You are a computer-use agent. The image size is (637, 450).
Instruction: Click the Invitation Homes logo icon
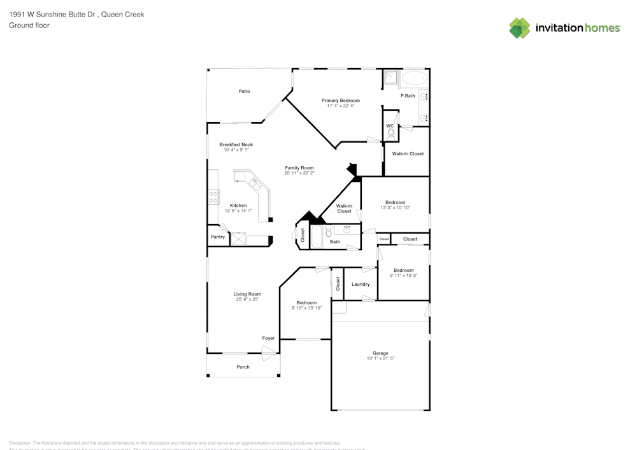click(x=520, y=28)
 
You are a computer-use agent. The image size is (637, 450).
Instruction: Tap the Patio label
click(x=244, y=91)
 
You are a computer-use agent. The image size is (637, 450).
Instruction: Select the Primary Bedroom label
click(x=340, y=101)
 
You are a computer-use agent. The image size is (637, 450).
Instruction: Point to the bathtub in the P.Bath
click(x=415, y=79)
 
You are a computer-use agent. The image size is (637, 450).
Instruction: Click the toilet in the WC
click(x=390, y=134)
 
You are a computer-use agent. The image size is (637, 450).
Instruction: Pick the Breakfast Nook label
click(x=236, y=144)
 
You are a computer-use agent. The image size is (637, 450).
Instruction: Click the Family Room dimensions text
click(x=299, y=173)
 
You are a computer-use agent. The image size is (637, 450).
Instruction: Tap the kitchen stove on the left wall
click(x=213, y=197)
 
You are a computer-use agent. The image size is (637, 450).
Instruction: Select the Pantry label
click(x=217, y=237)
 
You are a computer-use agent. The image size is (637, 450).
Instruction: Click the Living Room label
click(x=247, y=294)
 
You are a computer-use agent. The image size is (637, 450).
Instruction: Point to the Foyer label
click(x=269, y=338)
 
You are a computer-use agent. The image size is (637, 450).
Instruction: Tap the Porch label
click(x=243, y=367)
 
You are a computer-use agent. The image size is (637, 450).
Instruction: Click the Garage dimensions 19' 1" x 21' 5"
click(x=380, y=358)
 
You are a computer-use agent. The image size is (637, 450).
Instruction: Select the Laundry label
click(x=361, y=284)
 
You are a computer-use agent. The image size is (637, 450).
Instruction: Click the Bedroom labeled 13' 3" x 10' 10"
click(x=395, y=202)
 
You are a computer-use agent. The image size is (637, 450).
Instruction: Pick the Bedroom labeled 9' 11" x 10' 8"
click(x=403, y=271)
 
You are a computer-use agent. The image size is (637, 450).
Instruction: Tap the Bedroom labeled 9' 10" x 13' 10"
click(x=306, y=303)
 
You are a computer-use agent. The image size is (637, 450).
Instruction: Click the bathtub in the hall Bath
click(x=317, y=237)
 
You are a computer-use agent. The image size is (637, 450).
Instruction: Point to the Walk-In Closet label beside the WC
click(x=408, y=153)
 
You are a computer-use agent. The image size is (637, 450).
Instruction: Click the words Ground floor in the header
click(x=29, y=25)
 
